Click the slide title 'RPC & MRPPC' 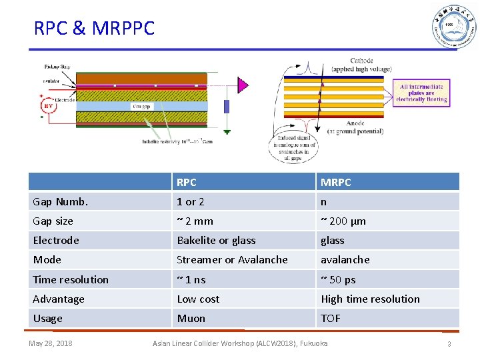tap(94, 28)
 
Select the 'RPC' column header tap(187, 182)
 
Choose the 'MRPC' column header tap(336, 182)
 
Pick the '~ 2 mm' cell tap(195, 221)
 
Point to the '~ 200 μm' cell tap(343, 221)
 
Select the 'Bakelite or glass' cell tap(216, 240)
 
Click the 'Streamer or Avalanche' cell tap(232, 259)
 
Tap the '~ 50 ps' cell tap(338, 279)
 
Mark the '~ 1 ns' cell tap(191, 279)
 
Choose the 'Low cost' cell tap(198, 299)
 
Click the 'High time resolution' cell tap(370, 299)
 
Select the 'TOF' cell tap(331, 318)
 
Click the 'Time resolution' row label tap(71, 279)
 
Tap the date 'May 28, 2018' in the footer tap(51, 343)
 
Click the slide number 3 tap(449, 344)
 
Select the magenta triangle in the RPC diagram tap(243, 85)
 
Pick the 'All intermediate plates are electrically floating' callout tap(421, 93)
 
